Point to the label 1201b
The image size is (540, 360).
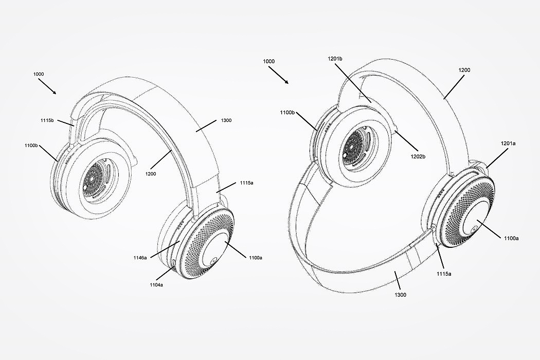point(334,59)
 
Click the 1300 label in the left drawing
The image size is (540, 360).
point(226,120)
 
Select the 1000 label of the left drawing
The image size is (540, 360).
point(39,74)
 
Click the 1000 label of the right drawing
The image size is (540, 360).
point(268,62)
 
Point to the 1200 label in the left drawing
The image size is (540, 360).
point(150,174)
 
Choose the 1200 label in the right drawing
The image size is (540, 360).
point(463,69)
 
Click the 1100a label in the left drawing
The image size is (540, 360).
point(256,257)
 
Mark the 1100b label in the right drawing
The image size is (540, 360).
point(287,113)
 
